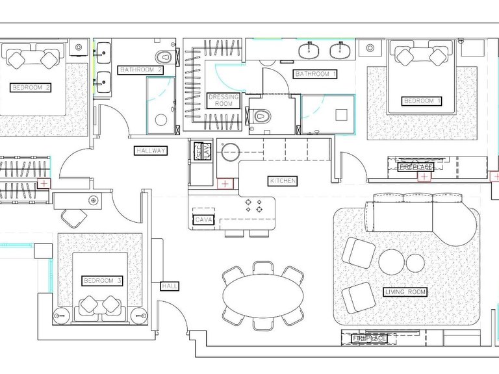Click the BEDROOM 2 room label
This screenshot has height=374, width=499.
(31, 88)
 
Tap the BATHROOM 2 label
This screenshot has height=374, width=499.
(140, 70)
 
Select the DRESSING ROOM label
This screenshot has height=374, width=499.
(224, 101)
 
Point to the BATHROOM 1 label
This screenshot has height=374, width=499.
(315, 74)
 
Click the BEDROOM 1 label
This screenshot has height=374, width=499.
(422, 101)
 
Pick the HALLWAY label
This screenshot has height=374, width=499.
(151, 151)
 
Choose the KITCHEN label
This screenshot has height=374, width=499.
(283, 181)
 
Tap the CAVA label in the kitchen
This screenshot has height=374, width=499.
(203, 219)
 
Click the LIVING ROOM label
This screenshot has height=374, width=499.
(405, 292)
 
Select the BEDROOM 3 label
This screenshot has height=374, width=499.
(103, 280)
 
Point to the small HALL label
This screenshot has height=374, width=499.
(170, 286)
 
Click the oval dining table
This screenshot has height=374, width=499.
(262, 296)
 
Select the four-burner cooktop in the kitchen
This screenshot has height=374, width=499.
(253, 205)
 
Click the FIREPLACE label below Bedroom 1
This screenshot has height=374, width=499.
(416, 168)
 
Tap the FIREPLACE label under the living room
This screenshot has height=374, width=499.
(369, 338)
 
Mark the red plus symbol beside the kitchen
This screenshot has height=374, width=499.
(225, 184)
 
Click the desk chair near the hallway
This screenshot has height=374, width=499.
(74, 218)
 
